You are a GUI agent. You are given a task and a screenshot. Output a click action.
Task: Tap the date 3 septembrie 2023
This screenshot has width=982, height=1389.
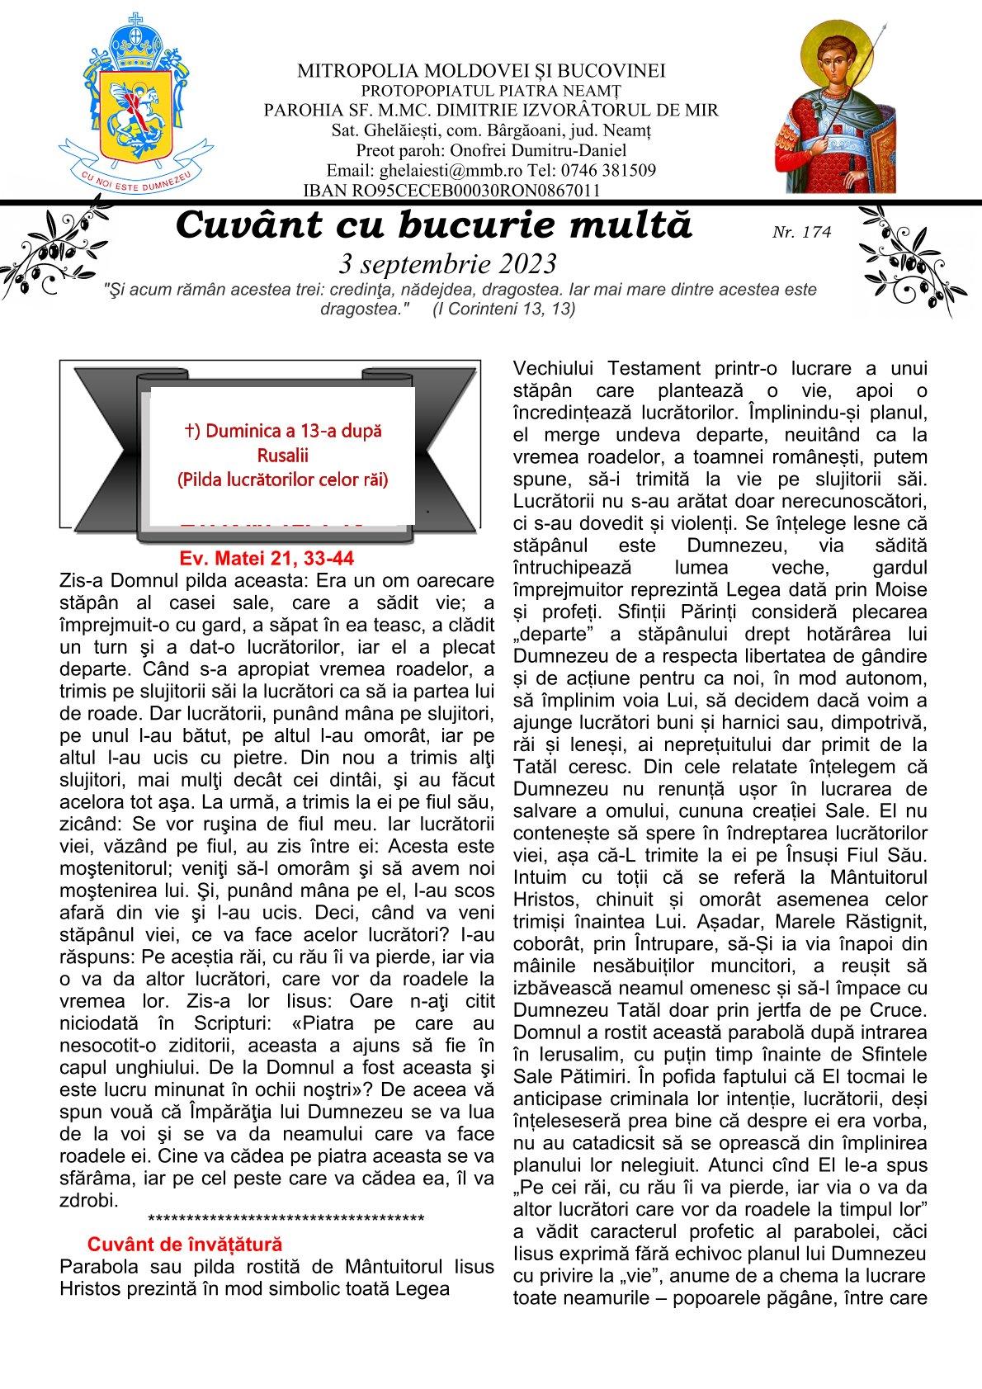448,264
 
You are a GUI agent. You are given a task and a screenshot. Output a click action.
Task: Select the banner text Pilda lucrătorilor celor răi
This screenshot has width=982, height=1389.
282,479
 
